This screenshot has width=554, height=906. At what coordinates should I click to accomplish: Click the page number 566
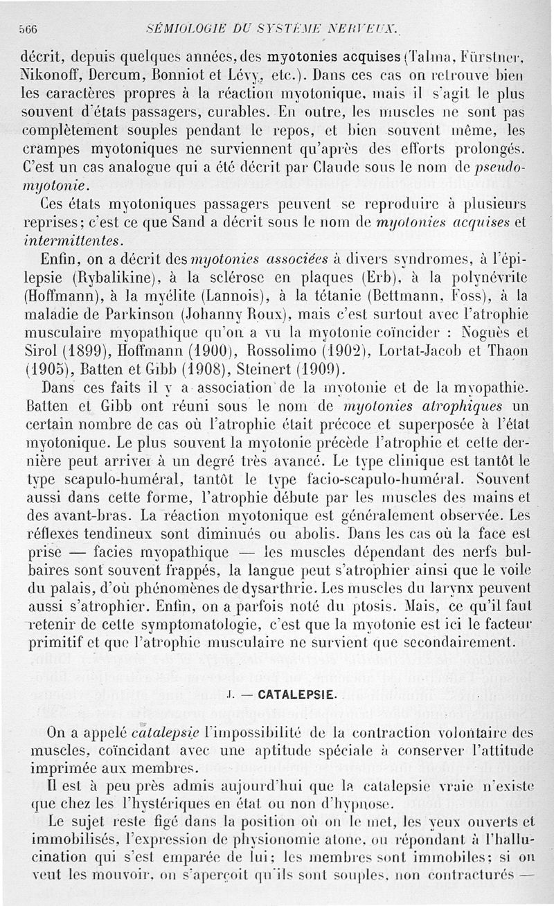(27, 28)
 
